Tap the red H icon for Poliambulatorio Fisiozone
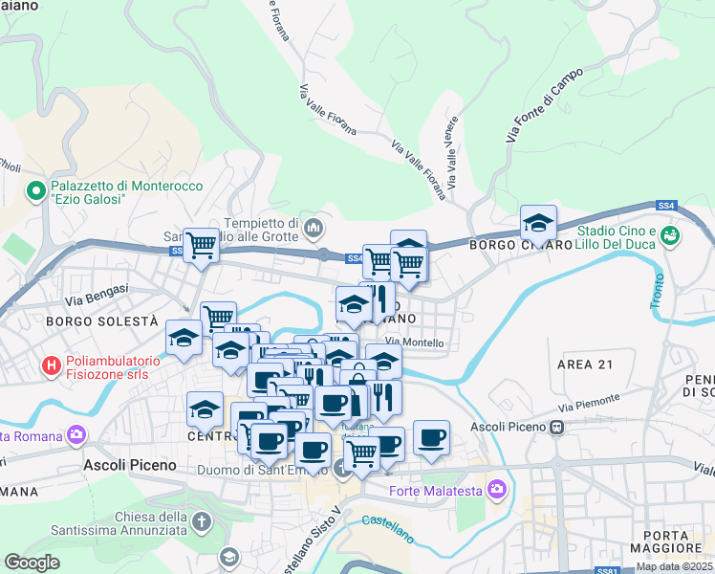[53, 364]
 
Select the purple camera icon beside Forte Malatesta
[495, 491]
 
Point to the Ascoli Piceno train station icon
[554, 428]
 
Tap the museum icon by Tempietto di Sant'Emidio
[314, 229]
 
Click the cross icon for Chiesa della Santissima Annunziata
[201, 522]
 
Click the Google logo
[32, 563]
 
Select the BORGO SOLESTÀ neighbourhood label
[100, 322]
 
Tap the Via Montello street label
[414, 342]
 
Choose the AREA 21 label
[584, 365]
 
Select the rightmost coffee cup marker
[432, 437]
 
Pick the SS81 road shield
[605, 570]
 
